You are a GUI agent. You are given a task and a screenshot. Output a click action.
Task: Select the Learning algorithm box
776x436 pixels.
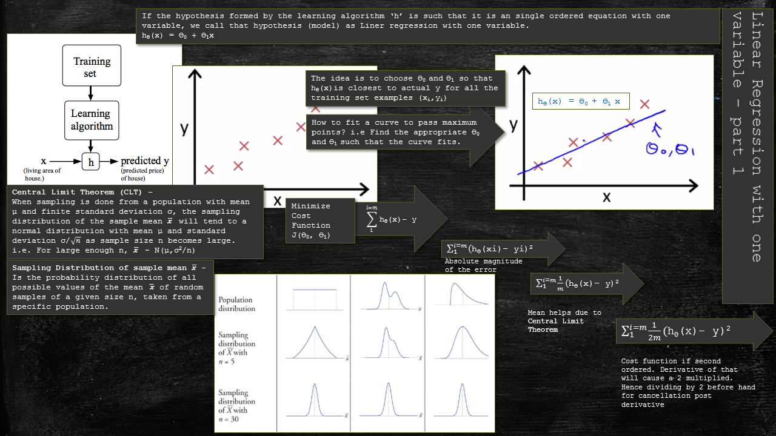click(91, 120)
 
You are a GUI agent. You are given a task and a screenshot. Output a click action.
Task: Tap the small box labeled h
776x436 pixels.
click(90, 162)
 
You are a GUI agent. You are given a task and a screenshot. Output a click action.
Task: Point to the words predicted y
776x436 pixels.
click(145, 161)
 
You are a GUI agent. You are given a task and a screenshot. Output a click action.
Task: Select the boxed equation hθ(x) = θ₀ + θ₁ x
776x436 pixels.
click(580, 102)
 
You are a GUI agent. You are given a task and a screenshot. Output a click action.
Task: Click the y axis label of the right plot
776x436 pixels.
click(513, 125)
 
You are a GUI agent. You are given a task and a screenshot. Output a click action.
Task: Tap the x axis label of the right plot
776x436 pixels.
click(606, 197)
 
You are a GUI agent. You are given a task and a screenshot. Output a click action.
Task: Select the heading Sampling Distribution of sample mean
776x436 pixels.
click(109, 268)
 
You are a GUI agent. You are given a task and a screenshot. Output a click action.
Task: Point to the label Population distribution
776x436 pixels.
click(236, 304)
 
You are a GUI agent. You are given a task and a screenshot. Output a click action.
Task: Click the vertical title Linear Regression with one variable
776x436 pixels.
click(750, 136)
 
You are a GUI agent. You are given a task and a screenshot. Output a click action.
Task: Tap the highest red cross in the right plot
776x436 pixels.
click(644, 104)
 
